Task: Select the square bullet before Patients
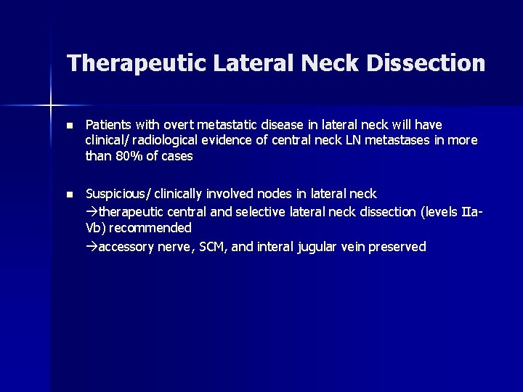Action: pos(70,125)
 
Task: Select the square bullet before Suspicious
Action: pos(70,195)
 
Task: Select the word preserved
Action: pos(397,247)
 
